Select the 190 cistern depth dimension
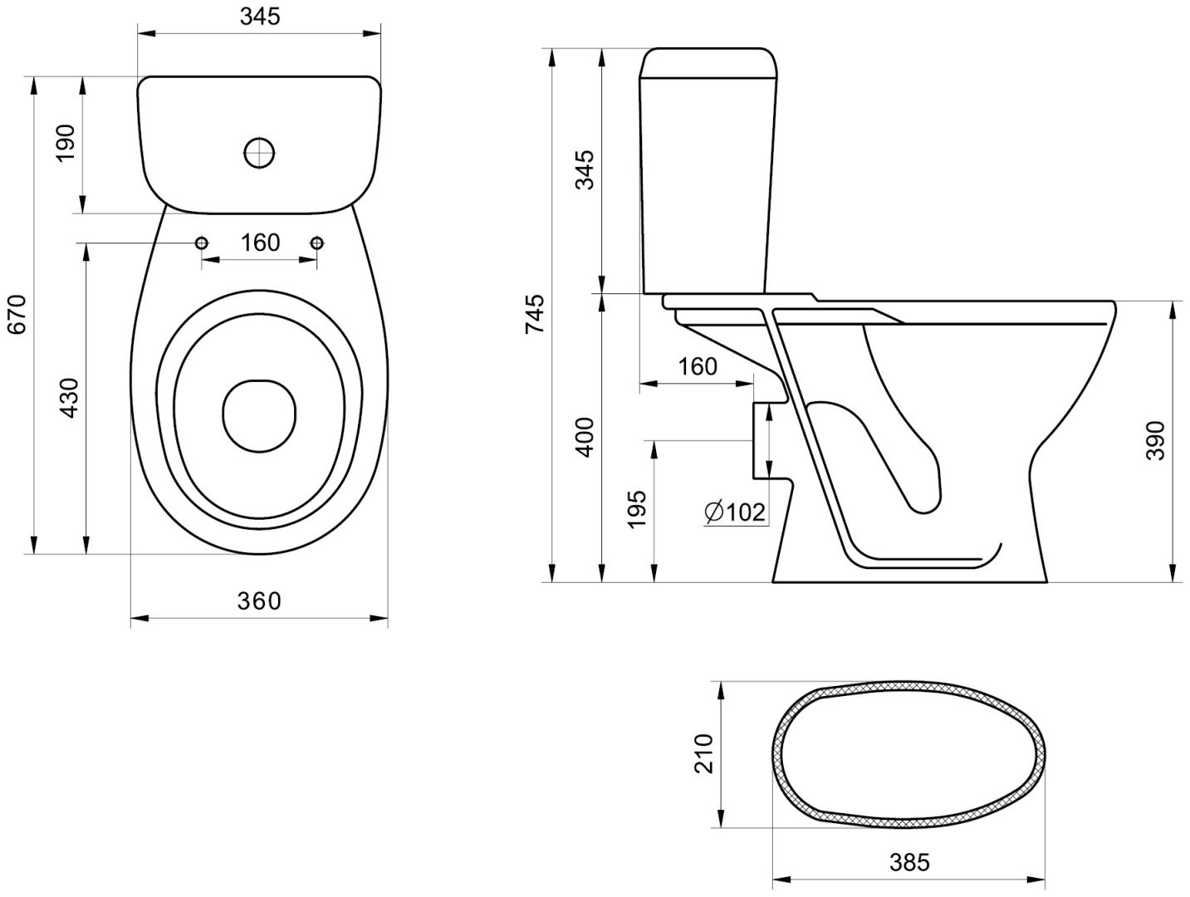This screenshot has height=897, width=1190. (x=66, y=143)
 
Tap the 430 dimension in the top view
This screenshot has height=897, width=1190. (x=70, y=399)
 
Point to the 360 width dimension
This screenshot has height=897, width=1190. (x=259, y=600)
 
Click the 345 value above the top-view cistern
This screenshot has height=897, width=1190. (x=260, y=17)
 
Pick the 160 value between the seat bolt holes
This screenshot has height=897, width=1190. (x=260, y=243)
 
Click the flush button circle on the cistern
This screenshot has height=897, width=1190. (x=259, y=154)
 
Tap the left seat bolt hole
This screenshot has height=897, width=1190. (x=202, y=243)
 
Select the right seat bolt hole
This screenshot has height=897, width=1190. (x=317, y=243)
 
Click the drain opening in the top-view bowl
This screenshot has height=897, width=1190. (x=259, y=415)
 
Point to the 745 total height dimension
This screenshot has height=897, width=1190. (x=535, y=313)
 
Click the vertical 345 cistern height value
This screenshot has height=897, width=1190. (x=585, y=170)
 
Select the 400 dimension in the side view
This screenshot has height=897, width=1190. (x=585, y=438)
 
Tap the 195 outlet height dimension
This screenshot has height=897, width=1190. (x=636, y=508)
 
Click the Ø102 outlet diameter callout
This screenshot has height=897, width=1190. (x=735, y=512)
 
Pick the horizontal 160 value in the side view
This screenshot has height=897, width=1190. (x=698, y=367)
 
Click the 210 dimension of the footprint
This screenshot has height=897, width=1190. (x=703, y=754)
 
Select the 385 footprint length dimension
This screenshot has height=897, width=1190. (x=909, y=862)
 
